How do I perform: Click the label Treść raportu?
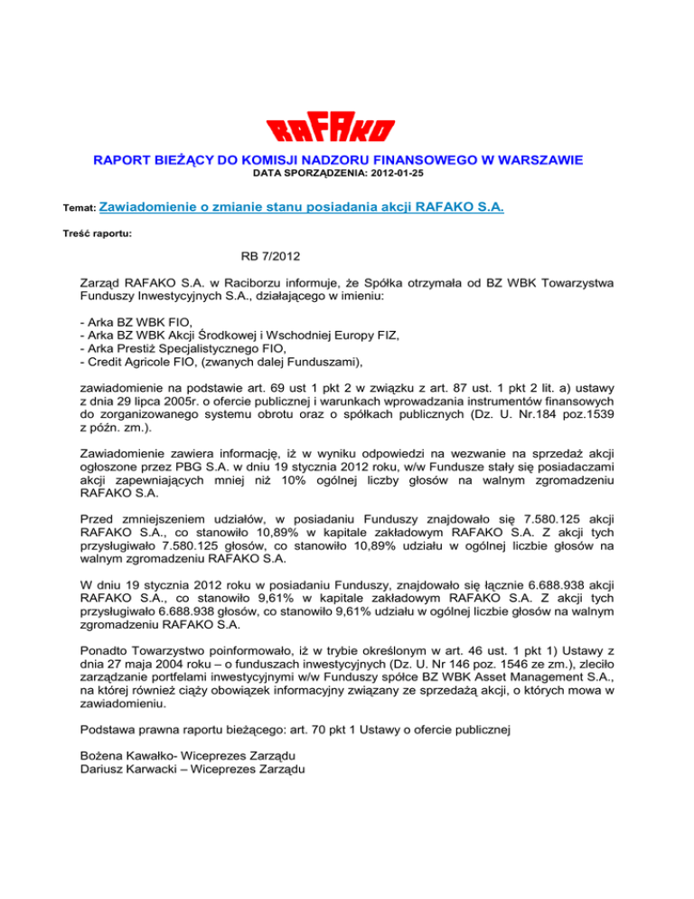(100, 232)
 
